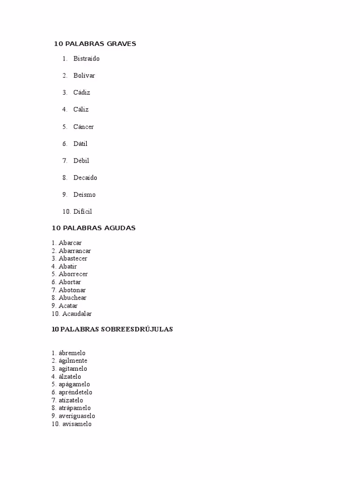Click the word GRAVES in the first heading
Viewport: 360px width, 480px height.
point(121,44)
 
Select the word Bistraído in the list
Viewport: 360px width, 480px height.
point(86,59)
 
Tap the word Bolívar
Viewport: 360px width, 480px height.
point(84,75)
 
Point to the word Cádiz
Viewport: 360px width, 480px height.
point(82,92)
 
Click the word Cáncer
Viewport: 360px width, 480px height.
point(83,127)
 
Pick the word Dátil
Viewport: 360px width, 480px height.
point(80,143)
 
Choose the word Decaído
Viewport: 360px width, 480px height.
point(85,178)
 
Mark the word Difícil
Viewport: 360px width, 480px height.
point(82,211)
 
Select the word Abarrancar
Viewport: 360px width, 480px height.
point(75,251)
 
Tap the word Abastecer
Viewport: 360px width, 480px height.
point(73,258)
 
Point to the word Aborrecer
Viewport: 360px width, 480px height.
point(73,274)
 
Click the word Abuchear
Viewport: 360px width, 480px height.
point(72,298)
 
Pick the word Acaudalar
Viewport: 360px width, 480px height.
point(77,314)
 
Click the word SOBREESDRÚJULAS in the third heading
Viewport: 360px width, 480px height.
point(137,330)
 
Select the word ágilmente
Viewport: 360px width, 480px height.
point(73,360)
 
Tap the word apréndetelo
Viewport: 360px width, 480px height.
point(75,392)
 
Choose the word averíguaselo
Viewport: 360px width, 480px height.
point(77,416)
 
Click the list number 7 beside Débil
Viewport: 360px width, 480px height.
point(65,161)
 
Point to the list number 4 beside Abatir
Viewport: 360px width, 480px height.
point(54,266)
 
